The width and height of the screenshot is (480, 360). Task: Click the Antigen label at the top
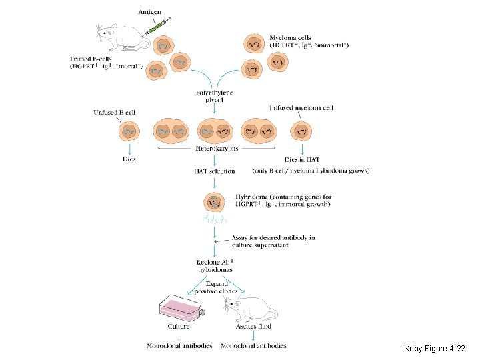pyautogui.click(x=155, y=12)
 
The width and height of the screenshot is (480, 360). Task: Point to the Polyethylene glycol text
pyautogui.click(x=214, y=96)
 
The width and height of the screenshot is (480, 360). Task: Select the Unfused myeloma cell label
pyautogui.click(x=301, y=107)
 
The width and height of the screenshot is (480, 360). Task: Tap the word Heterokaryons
pyautogui.click(x=214, y=149)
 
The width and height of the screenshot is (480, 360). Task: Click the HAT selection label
pyautogui.click(x=214, y=171)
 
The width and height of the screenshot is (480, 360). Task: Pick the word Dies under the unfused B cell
pyautogui.click(x=129, y=159)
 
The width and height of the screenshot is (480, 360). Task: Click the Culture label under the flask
pyautogui.click(x=179, y=327)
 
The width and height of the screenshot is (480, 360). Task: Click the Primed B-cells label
pyautogui.click(x=107, y=63)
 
